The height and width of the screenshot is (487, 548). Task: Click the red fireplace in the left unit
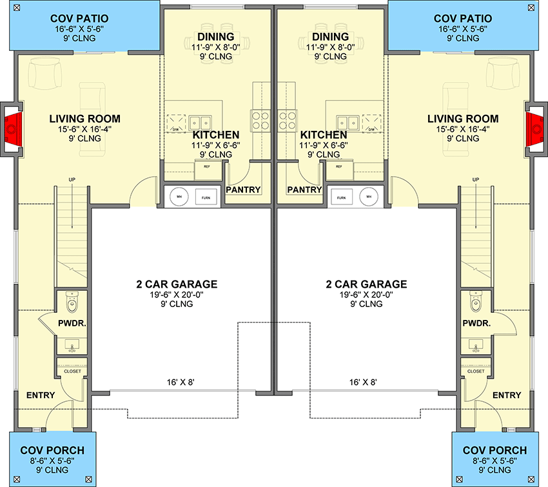(12, 129)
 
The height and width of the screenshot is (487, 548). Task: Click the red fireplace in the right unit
(536, 129)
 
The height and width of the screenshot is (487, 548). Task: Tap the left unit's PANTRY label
(243, 190)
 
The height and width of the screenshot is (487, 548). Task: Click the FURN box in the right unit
(342, 197)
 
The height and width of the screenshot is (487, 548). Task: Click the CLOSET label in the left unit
(72, 372)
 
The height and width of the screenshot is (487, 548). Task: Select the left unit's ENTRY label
(41, 395)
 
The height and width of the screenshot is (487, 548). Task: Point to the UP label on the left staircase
(72, 179)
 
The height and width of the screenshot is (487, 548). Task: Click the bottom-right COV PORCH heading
(490, 450)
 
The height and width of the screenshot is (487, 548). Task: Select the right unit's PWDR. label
(476, 323)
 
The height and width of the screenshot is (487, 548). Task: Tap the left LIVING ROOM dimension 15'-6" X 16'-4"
(85, 128)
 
